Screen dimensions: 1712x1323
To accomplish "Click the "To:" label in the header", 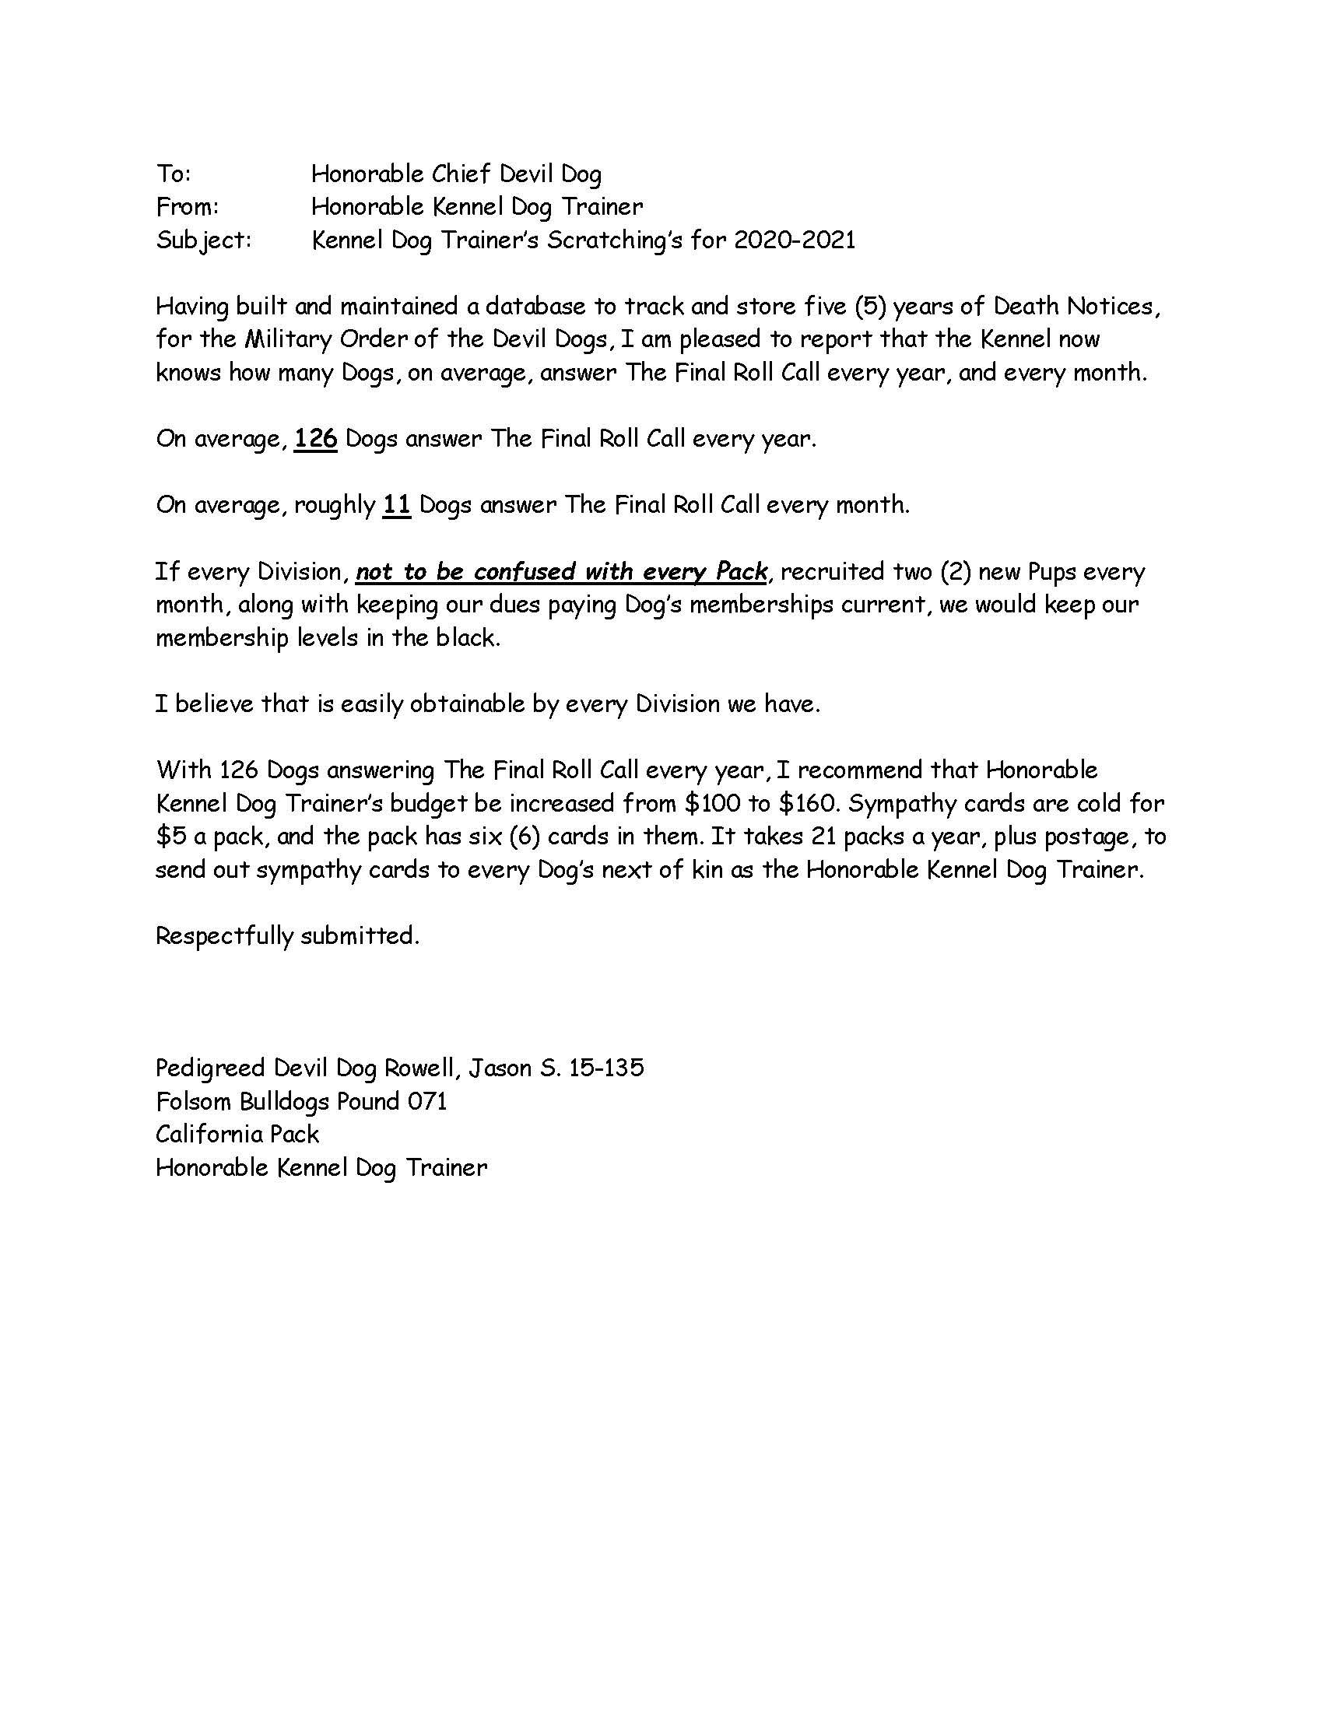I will [174, 174].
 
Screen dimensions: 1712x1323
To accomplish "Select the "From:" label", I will [188, 206].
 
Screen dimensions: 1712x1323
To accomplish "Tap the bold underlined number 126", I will [316, 438].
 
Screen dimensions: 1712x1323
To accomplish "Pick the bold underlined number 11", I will [397, 504].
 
